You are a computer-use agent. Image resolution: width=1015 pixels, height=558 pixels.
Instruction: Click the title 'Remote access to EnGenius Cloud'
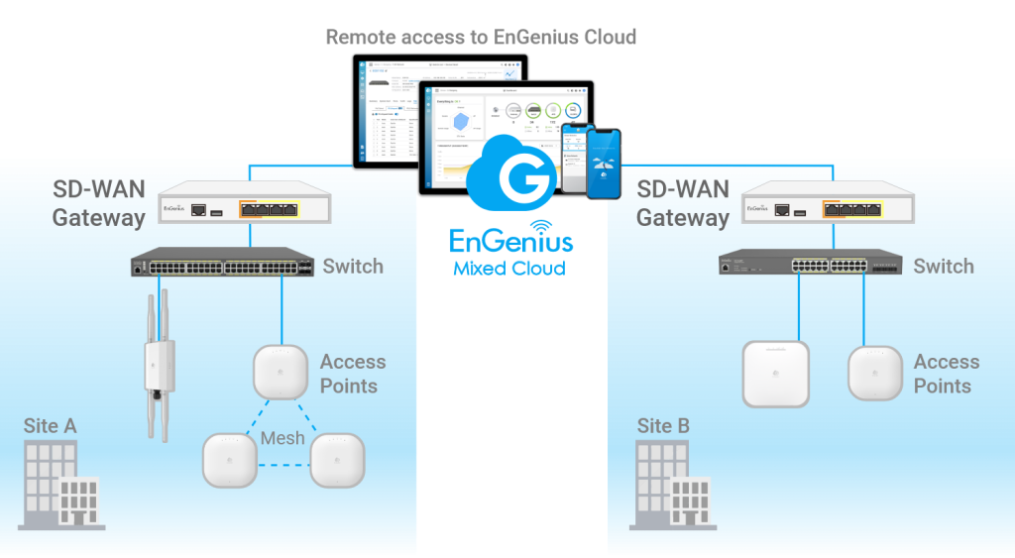click(481, 38)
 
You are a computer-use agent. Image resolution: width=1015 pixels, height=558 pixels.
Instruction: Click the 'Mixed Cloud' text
click(509, 268)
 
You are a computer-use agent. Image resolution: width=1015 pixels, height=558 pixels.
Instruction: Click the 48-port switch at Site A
click(223, 266)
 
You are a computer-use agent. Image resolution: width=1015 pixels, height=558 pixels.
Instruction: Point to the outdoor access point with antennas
click(159, 367)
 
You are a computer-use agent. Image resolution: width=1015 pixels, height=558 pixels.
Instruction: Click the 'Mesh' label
click(282, 437)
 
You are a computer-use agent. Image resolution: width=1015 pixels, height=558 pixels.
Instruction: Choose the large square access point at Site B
click(776, 373)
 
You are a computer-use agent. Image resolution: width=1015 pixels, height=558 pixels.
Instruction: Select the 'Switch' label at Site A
click(354, 266)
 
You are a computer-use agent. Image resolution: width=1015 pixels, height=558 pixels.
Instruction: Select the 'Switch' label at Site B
click(944, 266)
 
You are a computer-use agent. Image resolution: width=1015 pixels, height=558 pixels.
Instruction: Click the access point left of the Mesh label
click(231, 461)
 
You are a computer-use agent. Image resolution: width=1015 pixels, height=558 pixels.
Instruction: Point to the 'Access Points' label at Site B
click(946, 374)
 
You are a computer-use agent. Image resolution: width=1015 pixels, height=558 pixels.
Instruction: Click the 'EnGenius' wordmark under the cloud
click(510, 241)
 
